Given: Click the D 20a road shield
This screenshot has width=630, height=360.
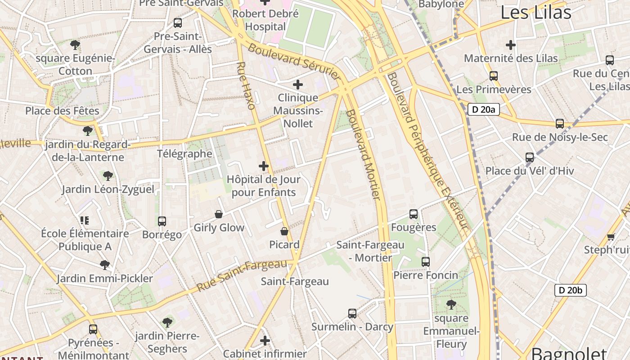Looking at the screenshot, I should coord(484,109).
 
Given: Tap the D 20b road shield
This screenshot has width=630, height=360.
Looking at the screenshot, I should coord(570,290).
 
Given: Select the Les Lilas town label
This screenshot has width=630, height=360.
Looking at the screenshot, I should coord(535,13).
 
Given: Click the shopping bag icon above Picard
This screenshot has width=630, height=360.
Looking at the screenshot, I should coord(284,231).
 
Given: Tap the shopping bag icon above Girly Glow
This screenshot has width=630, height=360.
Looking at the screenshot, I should coord(219,214).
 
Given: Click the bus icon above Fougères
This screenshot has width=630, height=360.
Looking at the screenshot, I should coord(414,214).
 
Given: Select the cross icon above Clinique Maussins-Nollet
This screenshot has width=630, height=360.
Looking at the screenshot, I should coord(298,85).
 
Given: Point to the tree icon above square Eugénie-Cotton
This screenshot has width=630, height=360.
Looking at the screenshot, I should coord(75,45).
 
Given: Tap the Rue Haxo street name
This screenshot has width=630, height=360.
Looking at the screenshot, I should coord(246,86).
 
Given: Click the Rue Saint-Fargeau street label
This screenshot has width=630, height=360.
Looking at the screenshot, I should coord(241,274).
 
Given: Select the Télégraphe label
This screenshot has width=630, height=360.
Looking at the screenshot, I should coord(184,153).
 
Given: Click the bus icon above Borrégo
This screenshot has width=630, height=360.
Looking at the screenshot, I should coord(162,221).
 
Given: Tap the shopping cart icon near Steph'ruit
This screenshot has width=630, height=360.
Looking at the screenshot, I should coord(611,237).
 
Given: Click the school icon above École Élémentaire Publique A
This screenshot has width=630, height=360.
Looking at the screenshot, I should coord(85,220).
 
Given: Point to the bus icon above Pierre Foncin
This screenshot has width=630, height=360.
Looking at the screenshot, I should coord(426,261).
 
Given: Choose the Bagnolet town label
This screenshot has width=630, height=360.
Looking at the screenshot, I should coord(569,352).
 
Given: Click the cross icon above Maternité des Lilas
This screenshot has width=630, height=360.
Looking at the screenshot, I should coord(511,45).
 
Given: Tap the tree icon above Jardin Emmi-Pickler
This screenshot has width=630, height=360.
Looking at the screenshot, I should coord(105,265).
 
